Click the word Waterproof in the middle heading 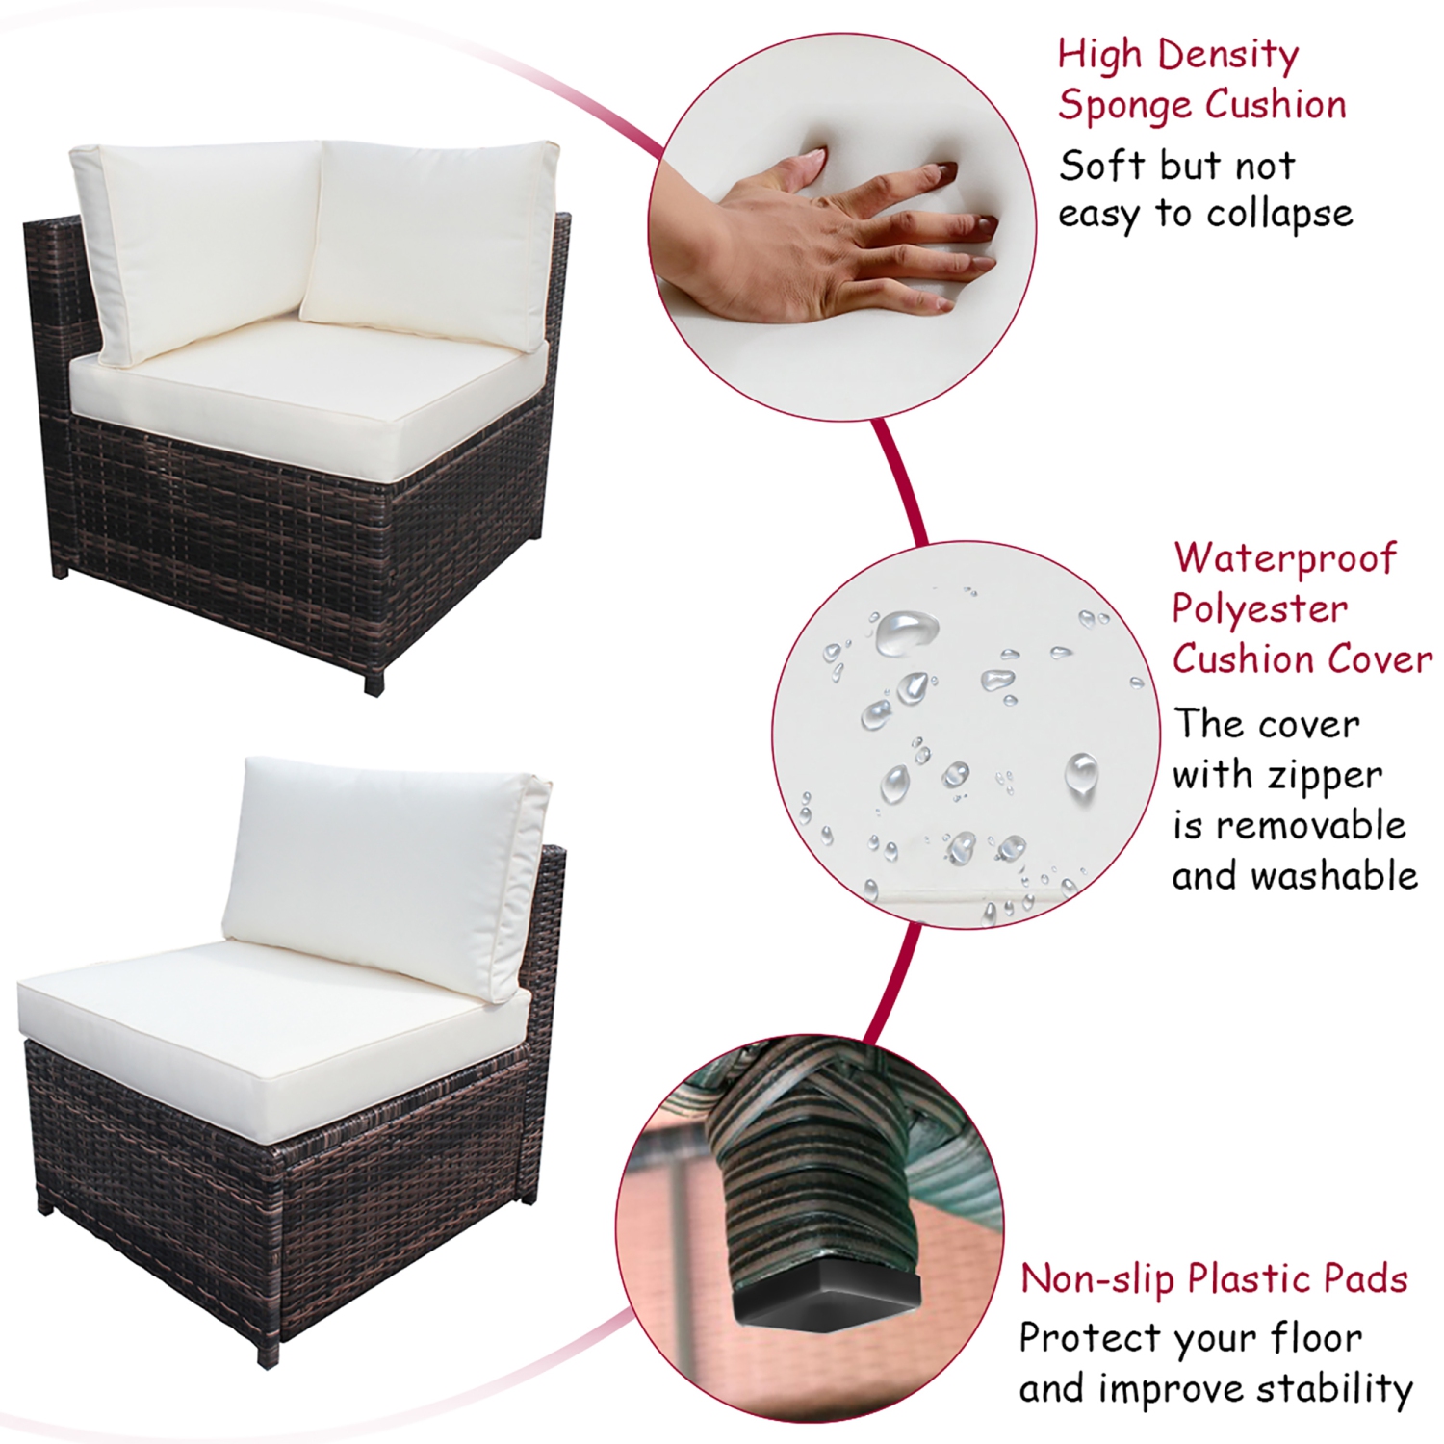(x=1284, y=558)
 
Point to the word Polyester (x=1259, y=609)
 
